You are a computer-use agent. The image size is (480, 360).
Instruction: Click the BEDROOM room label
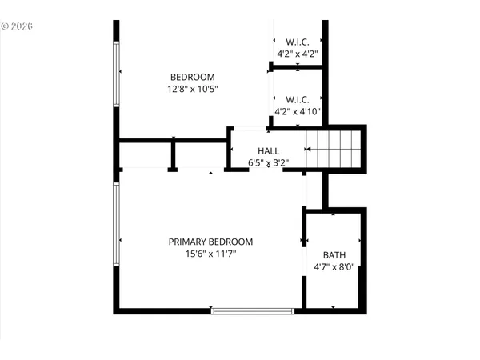[x=192, y=78]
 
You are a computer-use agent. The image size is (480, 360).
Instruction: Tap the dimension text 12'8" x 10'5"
[x=192, y=90]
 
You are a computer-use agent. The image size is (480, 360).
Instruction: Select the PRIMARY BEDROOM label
[x=210, y=242]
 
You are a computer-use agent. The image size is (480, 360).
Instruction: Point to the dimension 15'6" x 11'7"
[x=210, y=254]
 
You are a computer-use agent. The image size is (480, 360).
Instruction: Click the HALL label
[x=268, y=150]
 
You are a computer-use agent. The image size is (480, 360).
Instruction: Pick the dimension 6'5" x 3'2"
[x=268, y=162]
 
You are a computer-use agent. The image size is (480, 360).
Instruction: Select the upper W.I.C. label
[x=298, y=42]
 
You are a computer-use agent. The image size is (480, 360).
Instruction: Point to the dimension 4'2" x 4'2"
[x=298, y=54]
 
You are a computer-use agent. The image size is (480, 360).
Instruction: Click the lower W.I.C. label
[x=298, y=100]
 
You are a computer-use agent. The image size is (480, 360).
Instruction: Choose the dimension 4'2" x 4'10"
[x=298, y=112]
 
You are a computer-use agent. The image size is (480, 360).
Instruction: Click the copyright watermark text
[x=17, y=26]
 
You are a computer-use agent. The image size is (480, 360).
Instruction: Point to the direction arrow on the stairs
[x=309, y=150]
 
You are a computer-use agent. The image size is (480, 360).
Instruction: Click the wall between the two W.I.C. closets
[x=298, y=67]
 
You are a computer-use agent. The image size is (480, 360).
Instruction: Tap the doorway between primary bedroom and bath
[x=304, y=240]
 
